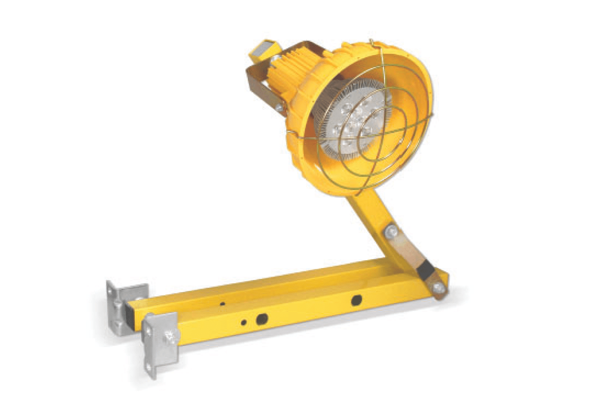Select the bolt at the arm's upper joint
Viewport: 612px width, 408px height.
tap(391, 231)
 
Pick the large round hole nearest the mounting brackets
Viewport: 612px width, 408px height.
tap(262, 319)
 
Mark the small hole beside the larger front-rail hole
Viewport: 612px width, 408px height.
tap(244, 322)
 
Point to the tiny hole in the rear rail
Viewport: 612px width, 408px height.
tap(222, 304)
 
